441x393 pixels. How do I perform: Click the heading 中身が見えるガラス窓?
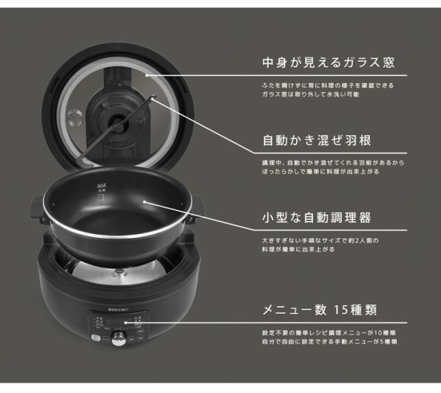tap(327, 63)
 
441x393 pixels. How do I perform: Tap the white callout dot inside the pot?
tap(145, 202)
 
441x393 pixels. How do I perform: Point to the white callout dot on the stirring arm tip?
tap(153, 101)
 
